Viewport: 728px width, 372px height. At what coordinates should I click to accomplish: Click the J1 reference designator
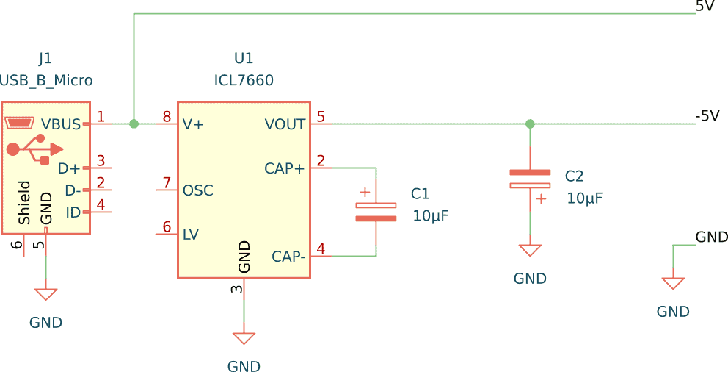tap(45, 59)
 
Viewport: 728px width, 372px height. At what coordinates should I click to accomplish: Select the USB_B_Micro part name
tap(46, 80)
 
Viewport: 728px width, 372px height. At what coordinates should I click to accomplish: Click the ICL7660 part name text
tap(244, 80)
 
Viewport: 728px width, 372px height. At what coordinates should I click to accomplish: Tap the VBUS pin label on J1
tap(61, 124)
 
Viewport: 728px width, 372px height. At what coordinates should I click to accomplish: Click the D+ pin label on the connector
tap(69, 168)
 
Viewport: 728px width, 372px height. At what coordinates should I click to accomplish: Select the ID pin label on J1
tap(73, 212)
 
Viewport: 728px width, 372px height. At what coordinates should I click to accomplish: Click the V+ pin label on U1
tap(193, 124)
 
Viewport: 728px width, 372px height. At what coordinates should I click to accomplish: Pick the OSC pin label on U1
tap(197, 190)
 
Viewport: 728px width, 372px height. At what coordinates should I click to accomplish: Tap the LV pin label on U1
tap(190, 235)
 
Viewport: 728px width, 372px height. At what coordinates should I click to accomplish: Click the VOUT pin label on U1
tap(285, 124)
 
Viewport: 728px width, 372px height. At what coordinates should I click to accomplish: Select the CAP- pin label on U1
tap(288, 257)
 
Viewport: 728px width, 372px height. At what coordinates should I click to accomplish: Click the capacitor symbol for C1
tap(376, 212)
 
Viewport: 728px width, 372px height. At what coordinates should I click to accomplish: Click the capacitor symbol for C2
tap(530, 179)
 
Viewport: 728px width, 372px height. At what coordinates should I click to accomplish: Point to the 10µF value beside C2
tap(584, 198)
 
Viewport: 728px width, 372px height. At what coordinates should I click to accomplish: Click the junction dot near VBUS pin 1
tap(134, 124)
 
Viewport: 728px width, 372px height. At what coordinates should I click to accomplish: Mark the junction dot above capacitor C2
tap(530, 124)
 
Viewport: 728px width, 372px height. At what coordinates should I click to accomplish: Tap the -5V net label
tap(707, 116)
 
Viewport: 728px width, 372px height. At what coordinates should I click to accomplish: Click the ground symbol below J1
tap(45, 294)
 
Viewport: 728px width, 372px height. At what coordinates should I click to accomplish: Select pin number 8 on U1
tap(167, 117)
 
